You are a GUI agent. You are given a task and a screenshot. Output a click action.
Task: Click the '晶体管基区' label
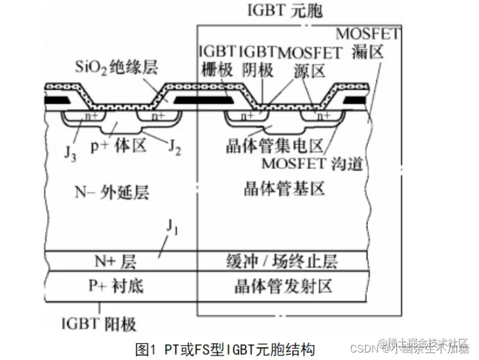[x=286, y=188]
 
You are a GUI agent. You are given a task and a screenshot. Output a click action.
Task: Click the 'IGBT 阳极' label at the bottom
[x=100, y=323]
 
